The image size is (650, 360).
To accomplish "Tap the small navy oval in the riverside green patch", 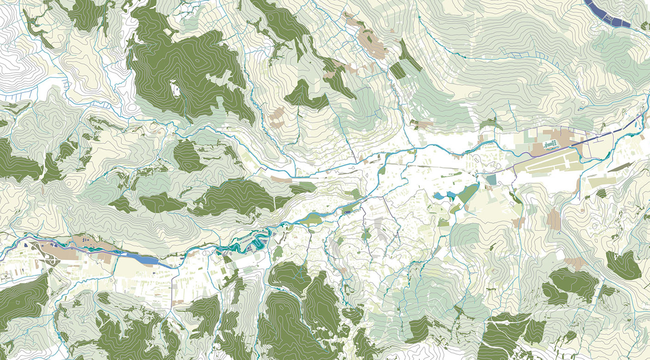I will (x=347, y=211).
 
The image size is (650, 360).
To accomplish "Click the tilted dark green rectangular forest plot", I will (x=397, y=71).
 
